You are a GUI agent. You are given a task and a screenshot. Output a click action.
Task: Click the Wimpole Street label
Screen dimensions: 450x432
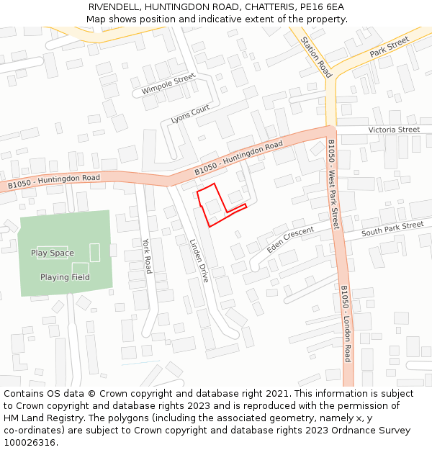168,84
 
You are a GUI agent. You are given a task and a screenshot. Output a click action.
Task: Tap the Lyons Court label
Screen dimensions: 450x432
190,114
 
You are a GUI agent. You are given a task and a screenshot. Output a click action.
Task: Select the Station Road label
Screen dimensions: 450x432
316,57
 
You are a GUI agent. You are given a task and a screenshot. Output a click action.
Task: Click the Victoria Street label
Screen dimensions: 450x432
393,130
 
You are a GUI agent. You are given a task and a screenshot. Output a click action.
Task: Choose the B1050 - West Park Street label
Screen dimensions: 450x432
333,185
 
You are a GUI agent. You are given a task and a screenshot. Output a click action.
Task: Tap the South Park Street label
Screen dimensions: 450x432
392,229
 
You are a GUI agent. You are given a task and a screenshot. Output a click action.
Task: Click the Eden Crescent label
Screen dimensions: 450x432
290,238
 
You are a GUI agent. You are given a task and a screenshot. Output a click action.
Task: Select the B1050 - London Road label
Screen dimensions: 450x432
346,323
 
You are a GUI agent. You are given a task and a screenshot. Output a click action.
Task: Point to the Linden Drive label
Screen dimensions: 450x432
198,260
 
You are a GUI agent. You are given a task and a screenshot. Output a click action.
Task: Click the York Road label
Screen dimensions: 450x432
147,256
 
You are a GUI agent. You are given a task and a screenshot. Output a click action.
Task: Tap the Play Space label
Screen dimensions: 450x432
52,253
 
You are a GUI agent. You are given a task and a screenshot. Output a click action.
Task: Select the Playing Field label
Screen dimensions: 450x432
65,277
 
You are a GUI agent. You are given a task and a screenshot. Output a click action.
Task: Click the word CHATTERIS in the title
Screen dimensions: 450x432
266,7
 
